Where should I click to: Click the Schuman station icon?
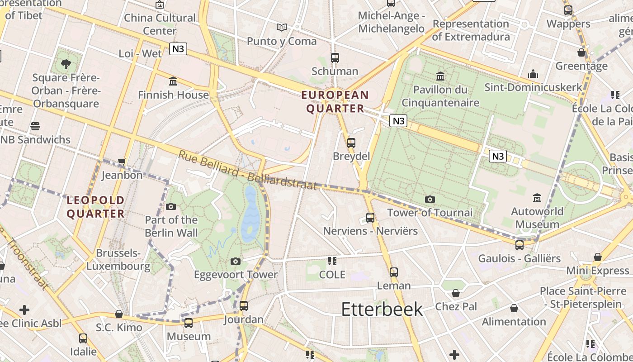[x=335, y=58]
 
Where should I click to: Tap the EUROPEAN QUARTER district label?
[x=335, y=102]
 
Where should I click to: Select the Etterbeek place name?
[x=382, y=309]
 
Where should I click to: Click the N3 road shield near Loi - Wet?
[x=178, y=49]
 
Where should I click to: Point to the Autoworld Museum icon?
[x=537, y=198]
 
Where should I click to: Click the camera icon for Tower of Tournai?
[x=430, y=199]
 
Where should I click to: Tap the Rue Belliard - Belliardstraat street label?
[x=247, y=170]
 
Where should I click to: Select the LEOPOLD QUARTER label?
[x=95, y=207]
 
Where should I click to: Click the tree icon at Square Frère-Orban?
[x=66, y=64]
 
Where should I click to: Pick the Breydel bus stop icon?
[x=351, y=143]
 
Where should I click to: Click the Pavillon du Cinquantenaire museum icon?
[x=440, y=76]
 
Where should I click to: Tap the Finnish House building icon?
[x=173, y=81]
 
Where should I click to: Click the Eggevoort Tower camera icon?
[x=235, y=261]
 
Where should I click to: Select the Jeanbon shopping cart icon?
[x=122, y=162]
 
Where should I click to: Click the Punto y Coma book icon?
[x=282, y=28]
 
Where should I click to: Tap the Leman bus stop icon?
[x=394, y=272]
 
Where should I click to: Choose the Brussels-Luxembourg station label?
[x=118, y=259]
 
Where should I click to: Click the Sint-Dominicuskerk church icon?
[x=533, y=74]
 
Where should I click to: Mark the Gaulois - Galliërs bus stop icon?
[x=520, y=245]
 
